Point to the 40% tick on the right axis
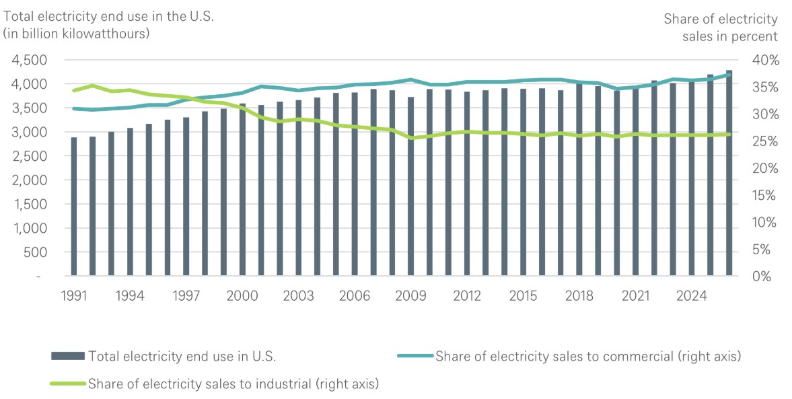coord(764,60)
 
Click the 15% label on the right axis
coord(764,195)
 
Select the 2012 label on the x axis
coord(467,296)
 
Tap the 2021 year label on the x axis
coord(635,296)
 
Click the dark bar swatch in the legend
coord(67,356)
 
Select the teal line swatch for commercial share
coord(415,356)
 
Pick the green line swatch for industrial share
coord(67,384)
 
